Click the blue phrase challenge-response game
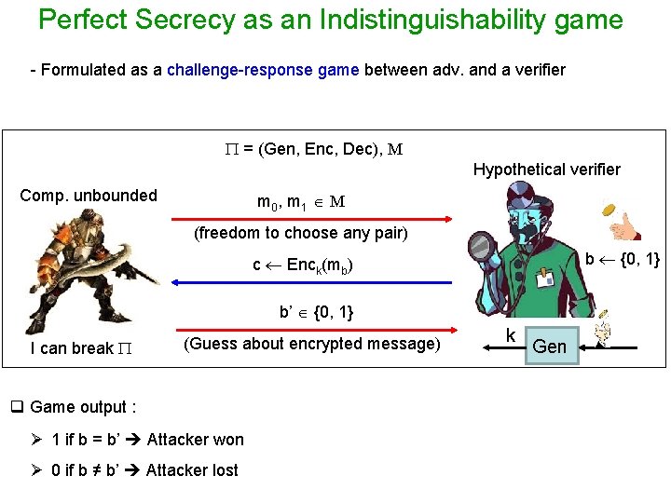pos(263,70)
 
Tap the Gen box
pos(550,347)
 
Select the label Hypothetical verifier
pos(546,170)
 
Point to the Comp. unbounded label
pos(89,196)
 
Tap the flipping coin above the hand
pos(610,210)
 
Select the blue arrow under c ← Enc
pos(308,282)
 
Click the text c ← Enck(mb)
pos(303,265)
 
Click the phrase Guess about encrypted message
pos(312,344)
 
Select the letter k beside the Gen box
pos(511,335)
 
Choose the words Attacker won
pos(195,440)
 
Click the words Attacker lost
pos(192,470)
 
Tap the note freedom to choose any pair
pos(300,233)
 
